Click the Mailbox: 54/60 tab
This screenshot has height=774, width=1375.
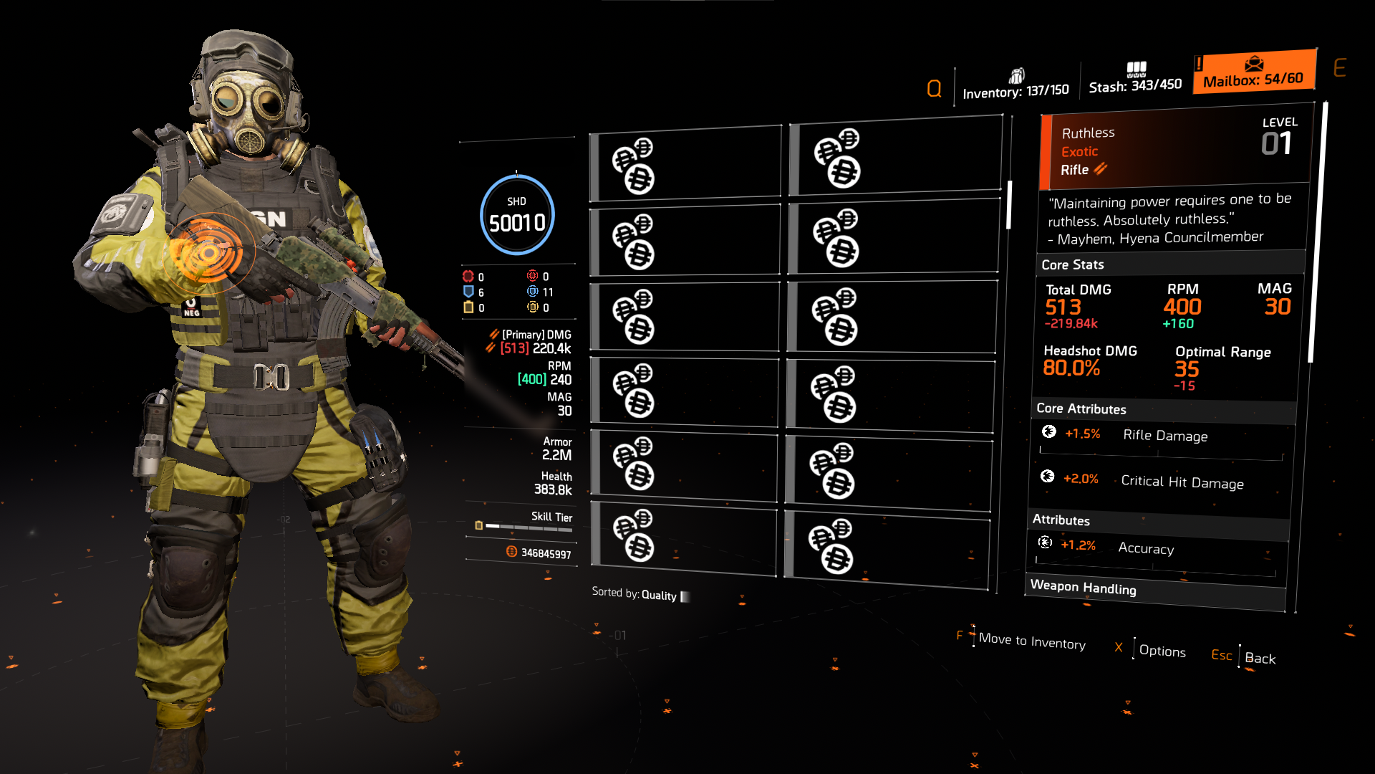[1253, 73]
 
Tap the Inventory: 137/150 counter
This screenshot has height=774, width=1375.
[1015, 91]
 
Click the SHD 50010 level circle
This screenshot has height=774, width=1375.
[516, 215]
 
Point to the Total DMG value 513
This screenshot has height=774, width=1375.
[1063, 307]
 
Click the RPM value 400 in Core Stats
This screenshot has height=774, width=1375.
[1182, 307]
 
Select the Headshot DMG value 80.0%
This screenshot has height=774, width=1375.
[1071, 368]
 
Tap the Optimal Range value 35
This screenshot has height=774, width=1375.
[1186, 369]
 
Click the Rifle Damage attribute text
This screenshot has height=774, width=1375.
[1164, 436]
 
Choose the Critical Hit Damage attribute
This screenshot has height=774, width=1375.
[1182, 482]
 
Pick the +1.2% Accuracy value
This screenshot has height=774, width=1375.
[1078, 545]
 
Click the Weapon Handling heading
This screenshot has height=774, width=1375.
[1083, 588]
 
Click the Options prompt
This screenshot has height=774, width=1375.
[1162, 651]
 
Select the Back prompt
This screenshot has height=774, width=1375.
[1260, 658]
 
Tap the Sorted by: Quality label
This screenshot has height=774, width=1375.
[635, 594]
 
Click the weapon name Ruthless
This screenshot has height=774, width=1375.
[1088, 133]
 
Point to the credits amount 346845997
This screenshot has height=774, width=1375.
[546, 553]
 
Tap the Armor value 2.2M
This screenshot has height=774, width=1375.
[556, 455]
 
